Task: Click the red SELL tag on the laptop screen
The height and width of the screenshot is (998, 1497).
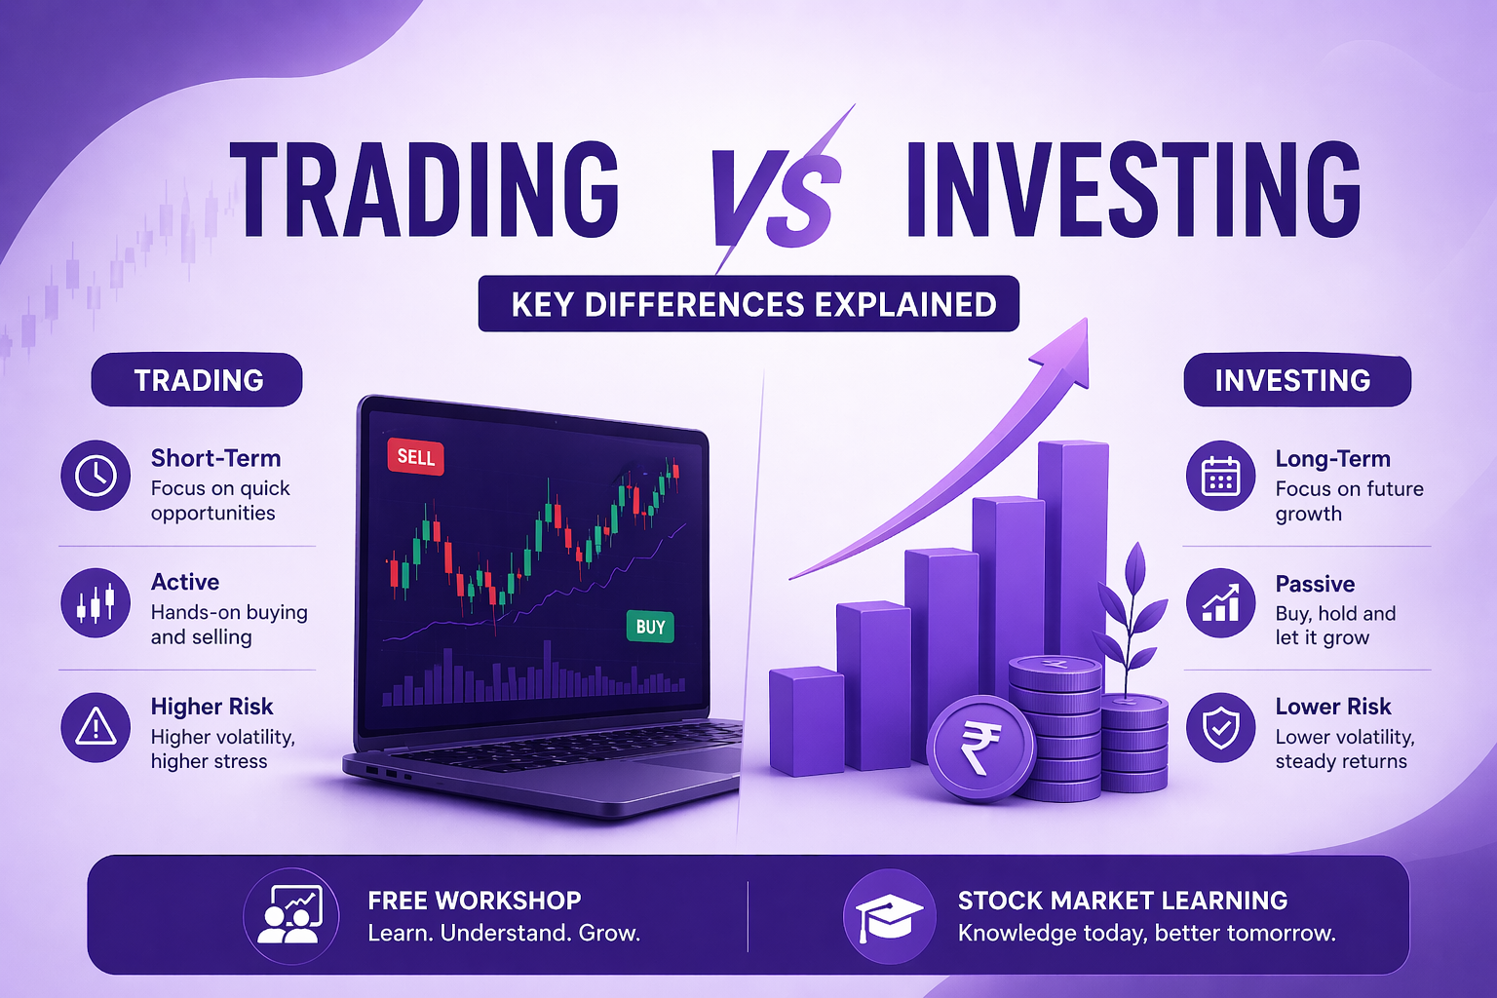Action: (x=416, y=457)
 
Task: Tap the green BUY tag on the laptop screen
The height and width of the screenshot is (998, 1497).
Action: (x=650, y=627)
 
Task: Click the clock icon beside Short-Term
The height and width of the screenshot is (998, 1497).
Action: (x=96, y=476)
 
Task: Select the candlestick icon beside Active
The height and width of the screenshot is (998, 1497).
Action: (x=96, y=603)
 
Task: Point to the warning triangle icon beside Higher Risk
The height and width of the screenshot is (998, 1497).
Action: (x=96, y=727)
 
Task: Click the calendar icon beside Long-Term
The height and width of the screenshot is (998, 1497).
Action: (x=1220, y=477)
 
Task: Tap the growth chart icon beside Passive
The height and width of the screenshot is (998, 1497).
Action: (x=1220, y=603)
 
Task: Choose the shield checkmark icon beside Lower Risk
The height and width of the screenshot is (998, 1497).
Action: (x=1220, y=727)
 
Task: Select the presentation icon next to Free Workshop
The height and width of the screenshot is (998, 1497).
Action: (x=290, y=916)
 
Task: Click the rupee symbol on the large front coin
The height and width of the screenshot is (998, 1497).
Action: (x=979, y=748)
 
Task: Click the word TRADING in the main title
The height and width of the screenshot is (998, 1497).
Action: (x=425, y=190)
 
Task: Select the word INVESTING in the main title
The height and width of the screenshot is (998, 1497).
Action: (x=1132, y=190)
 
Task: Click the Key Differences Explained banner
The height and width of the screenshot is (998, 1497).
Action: (x=748, y=304)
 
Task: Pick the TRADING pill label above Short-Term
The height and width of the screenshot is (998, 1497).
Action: (x=198, y=380)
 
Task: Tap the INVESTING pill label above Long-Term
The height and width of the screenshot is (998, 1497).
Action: (x=1295, y=380)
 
